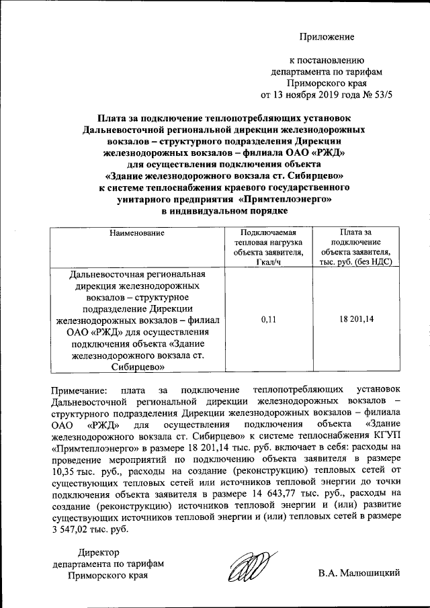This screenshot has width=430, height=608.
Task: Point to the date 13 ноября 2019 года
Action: click(316, 95)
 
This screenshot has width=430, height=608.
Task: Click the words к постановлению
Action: click(327, 60)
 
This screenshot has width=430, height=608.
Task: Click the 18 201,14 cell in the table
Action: click(357, 319)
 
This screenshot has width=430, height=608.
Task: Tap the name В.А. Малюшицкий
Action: click(360, 573)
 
